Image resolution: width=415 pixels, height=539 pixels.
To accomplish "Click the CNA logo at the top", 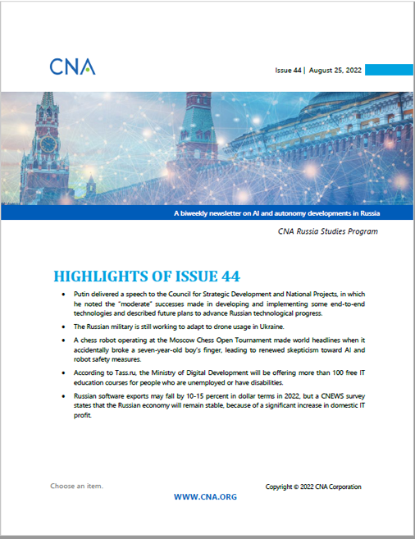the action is [x=72, y=66].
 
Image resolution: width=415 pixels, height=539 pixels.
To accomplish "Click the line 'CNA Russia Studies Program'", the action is [x=327, y=232].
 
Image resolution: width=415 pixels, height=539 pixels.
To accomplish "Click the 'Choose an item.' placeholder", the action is [x=76, y=486].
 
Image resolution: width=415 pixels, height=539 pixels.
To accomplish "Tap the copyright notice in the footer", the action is [x=313, y=486].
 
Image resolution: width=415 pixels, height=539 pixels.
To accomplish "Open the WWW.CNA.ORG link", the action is [x=206, y=497].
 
